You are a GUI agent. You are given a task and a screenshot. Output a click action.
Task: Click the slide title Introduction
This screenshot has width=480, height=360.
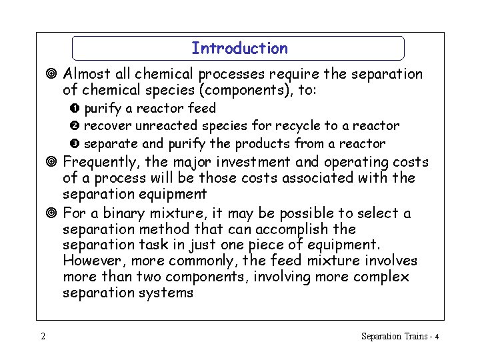(x=239, y=49)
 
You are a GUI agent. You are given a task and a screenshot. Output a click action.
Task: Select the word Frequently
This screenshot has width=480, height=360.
(x=104, y=162)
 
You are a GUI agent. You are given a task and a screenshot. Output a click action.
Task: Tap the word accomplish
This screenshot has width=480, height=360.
(x=297, y=229)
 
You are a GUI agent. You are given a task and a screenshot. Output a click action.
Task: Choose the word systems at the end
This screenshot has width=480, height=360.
(x=167, y=293)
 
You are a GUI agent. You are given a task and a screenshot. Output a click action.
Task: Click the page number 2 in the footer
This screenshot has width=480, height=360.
(x=43, y=336)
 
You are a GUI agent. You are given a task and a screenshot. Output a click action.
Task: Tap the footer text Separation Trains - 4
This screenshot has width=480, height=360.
(x=399, y=336)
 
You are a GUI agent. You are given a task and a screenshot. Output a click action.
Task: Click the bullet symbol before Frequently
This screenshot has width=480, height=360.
(x=53, y=162)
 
